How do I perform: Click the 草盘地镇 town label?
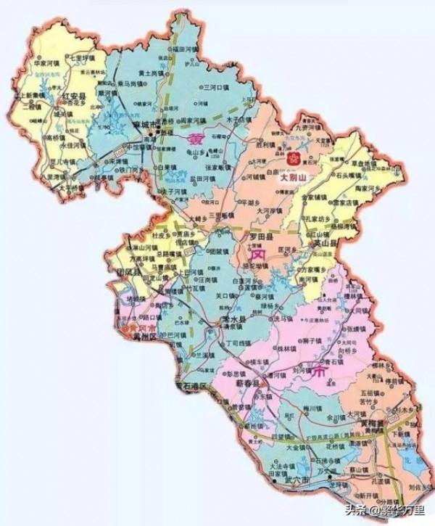pos(363,164)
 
